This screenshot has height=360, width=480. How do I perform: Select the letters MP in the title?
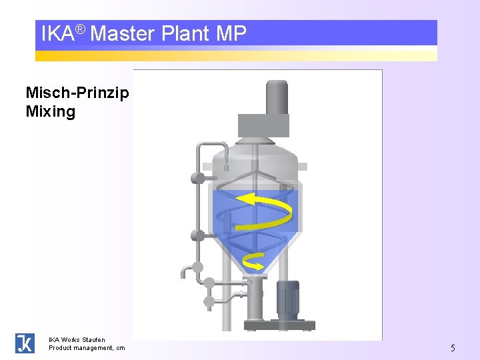coord(231,33)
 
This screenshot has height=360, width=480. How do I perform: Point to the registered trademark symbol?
coord(80,29)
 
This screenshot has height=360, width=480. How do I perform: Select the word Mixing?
coord(51,111)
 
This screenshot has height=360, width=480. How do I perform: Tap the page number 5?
coord(453,347)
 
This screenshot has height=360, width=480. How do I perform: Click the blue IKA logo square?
coord(25,343)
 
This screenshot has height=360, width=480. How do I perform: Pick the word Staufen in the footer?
coord(93,340)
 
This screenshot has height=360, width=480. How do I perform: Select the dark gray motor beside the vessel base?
coord(288,298)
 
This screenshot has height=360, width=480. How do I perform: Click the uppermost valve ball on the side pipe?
coord(197,178)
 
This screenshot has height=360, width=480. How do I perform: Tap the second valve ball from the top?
coord(197,235)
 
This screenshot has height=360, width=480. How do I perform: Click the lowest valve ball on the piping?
coord(209,301)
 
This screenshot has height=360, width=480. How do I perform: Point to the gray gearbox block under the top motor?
coord(263,125)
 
